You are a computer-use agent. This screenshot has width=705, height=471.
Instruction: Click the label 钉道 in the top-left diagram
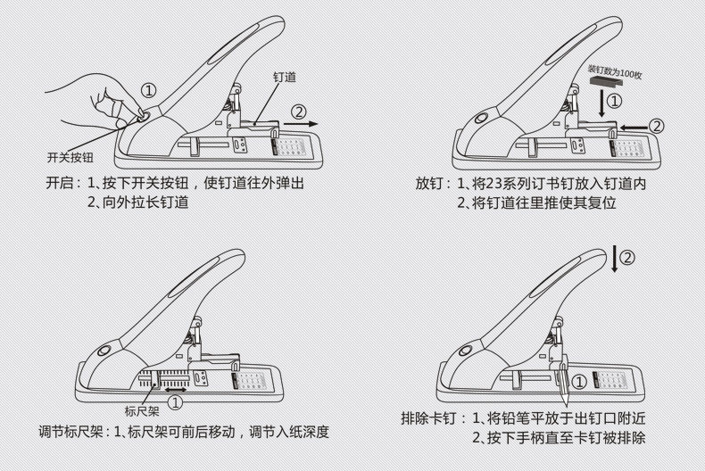pyautogui.click(x=284, y=78)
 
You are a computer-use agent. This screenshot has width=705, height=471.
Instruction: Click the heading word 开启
pyautogui.click(x=60, y=184)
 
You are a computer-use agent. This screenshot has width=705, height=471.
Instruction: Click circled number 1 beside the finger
pyautogui.click(x=149, y=90)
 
